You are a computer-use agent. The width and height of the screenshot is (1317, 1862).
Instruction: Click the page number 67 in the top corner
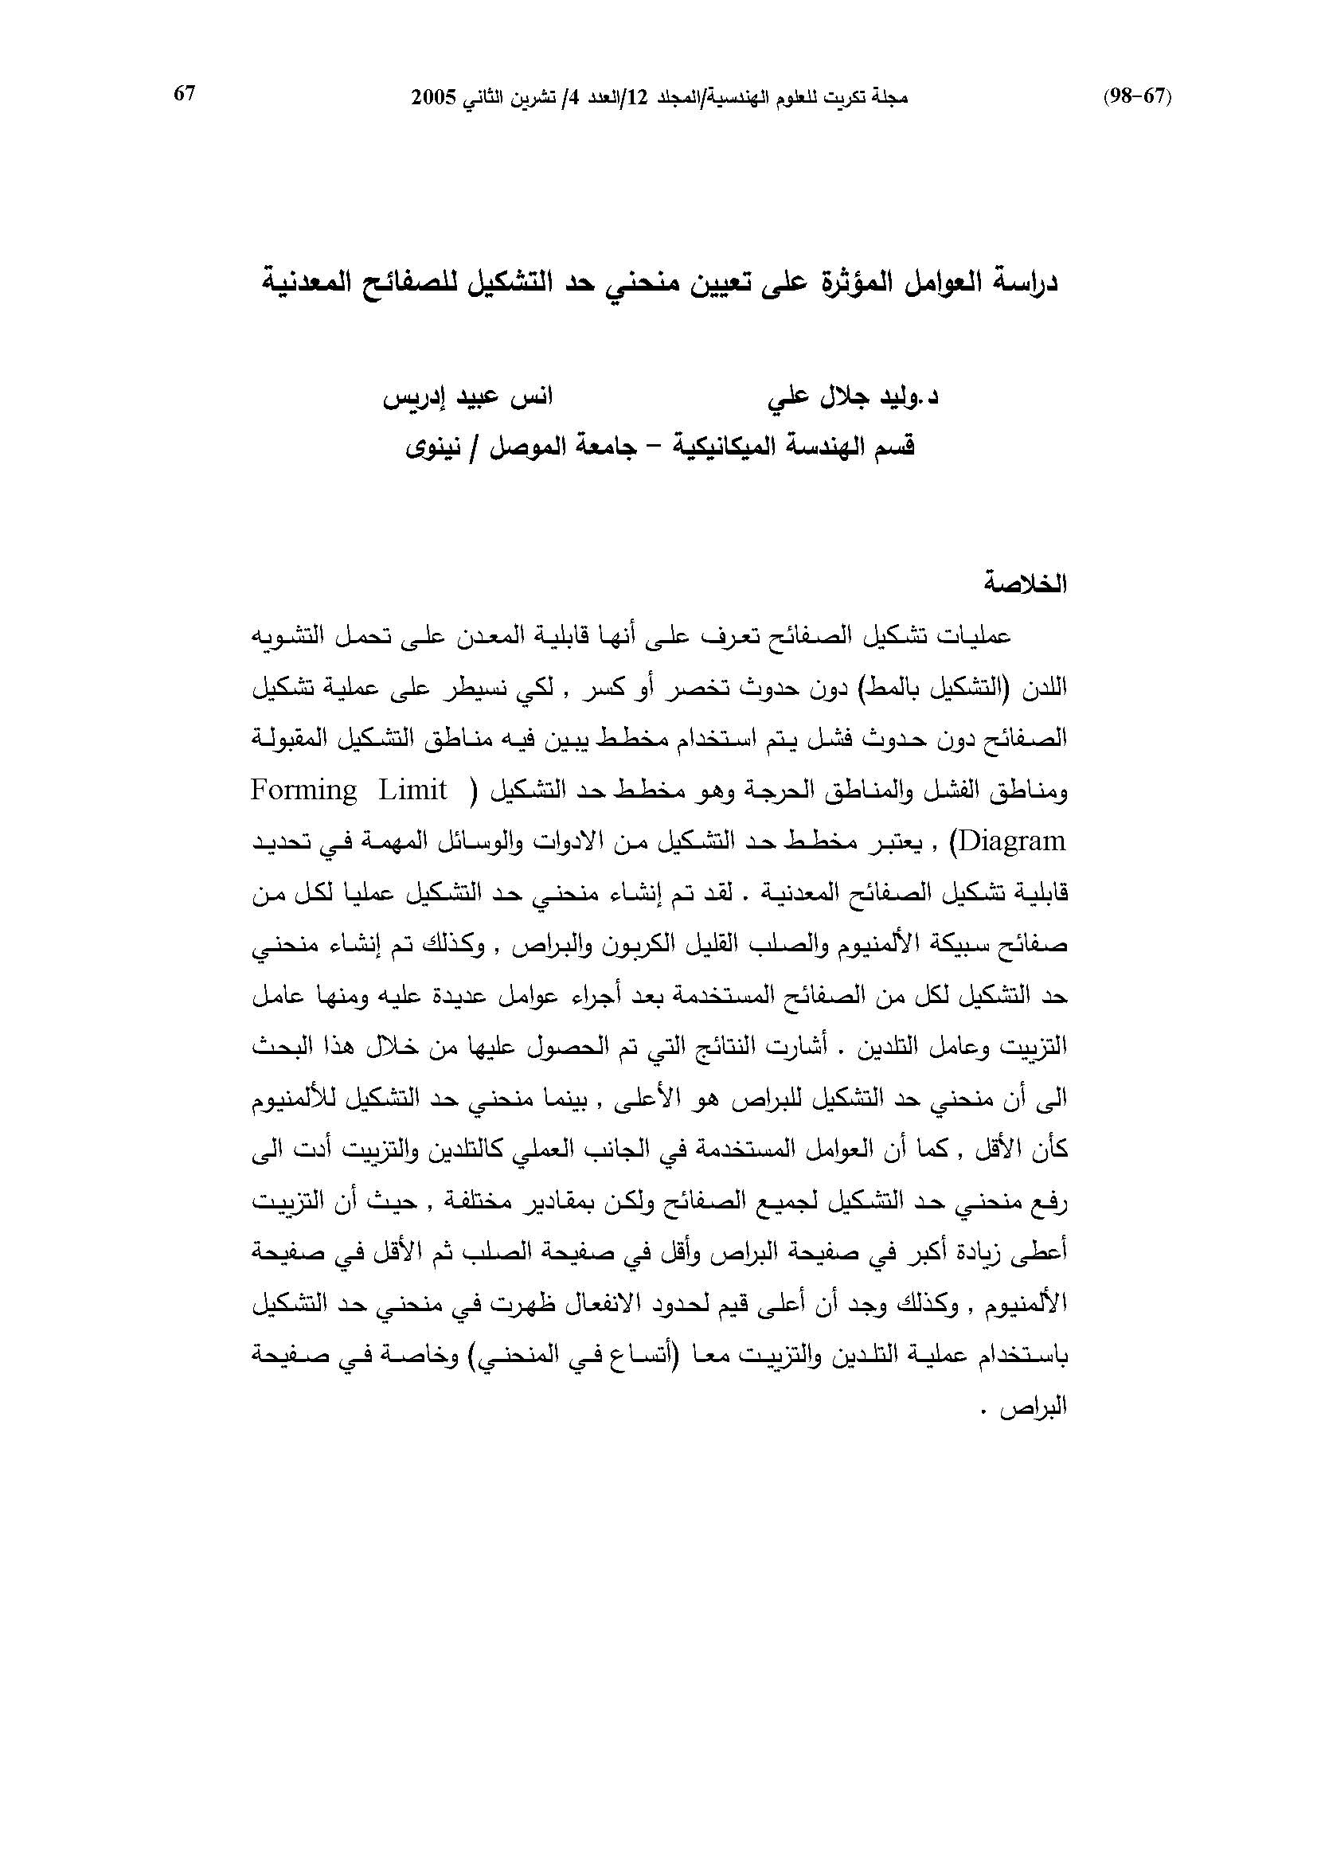click(184, 94)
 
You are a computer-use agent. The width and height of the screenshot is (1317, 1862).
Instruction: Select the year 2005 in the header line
click(433, 98)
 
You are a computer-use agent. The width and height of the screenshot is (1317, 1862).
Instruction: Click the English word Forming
click(303, 790)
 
